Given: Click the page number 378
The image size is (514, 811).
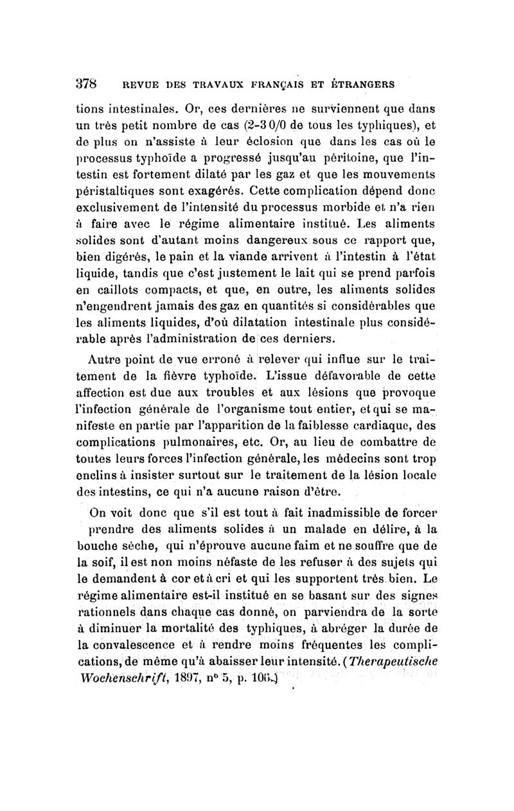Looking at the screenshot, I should click(86, 83).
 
